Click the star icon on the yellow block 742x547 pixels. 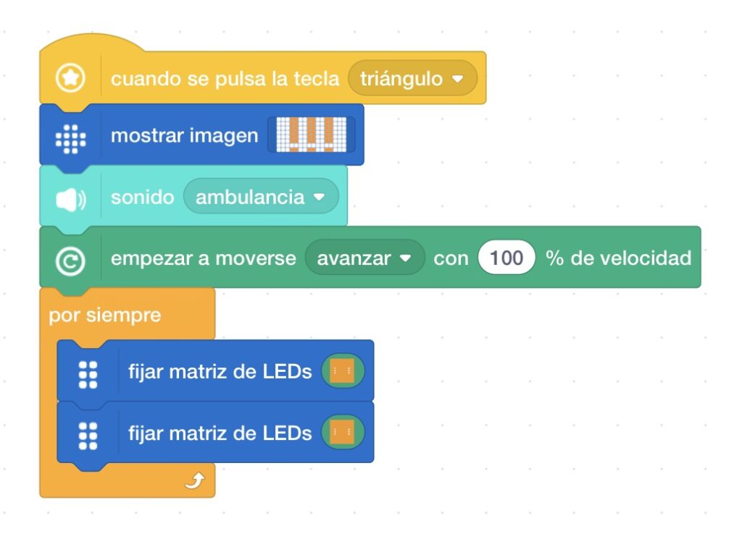click(x=70, y=77)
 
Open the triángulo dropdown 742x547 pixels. click(x=412, y=78)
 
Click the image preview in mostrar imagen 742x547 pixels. click(x=311, y=135)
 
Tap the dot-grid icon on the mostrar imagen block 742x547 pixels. click(x=70, y=136)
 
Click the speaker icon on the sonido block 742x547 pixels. click(x=70, y=198)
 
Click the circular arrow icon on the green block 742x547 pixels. click(x=70, y=258)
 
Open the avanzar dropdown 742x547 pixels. click(x=364, y=258)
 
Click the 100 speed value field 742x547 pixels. click(x=506, y=258)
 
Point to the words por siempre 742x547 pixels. click(x=104, y=316)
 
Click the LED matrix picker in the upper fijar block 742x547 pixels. click(x=343, y=372)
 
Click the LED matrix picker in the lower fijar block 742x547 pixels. click(x=343, y=433)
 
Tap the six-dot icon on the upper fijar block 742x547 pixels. click(x=88, y=372)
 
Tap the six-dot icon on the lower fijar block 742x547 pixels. click(x=88, y=433)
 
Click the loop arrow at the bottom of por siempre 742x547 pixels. click(x=194, y=481)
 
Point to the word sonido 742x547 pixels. click(x=142, y=198)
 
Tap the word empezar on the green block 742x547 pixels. click(x=149, y=258)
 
